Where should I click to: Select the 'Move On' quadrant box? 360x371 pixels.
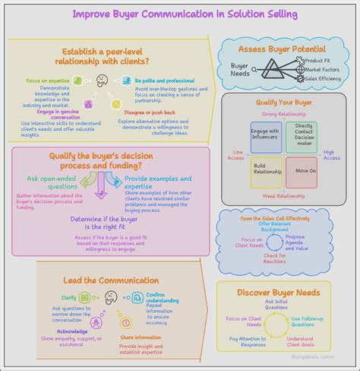tap(305, 170)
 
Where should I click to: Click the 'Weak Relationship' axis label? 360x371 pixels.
tap(285, 195)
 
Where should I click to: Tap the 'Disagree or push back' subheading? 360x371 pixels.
tap(155, 113)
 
